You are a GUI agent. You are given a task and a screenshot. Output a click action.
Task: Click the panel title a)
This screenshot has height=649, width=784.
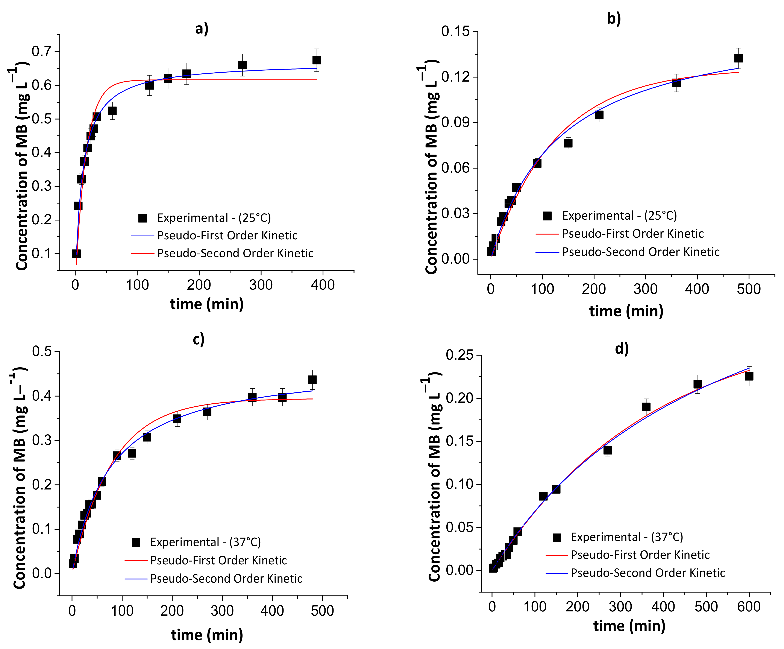coord(202,28)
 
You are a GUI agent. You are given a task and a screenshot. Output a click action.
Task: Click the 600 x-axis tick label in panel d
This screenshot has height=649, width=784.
coord(749,607)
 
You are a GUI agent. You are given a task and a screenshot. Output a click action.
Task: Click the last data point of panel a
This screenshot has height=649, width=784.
coord(317,60)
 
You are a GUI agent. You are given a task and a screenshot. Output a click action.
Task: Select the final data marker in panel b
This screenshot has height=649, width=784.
coord(738,58)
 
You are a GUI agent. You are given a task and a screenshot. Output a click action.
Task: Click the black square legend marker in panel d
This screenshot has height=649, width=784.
coord(557,537)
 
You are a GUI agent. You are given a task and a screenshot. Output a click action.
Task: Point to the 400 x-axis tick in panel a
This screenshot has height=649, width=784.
coord(323,285)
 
